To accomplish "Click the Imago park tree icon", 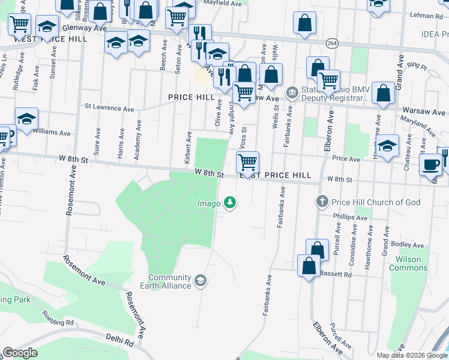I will click(x=229, y=203).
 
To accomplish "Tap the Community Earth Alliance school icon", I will click(x=200, y=280).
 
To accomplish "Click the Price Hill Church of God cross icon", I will click(x=322, y=202).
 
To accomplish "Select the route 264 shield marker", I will click(x=332, y=43).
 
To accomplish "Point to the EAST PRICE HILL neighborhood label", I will click(x=276, y=175).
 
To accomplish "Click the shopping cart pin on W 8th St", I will click(x=247, y=161).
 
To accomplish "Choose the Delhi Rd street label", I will click(x=121, y=341).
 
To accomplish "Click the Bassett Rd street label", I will click(x=339, y=274).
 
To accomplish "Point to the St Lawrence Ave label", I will click(x=109, y=109).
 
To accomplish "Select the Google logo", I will click(x=20, y=352).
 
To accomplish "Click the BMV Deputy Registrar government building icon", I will click(x=292, y=92).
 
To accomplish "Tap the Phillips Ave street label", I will click(x=351, y=217).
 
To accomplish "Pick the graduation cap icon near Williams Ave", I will click(x=26, y=118).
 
